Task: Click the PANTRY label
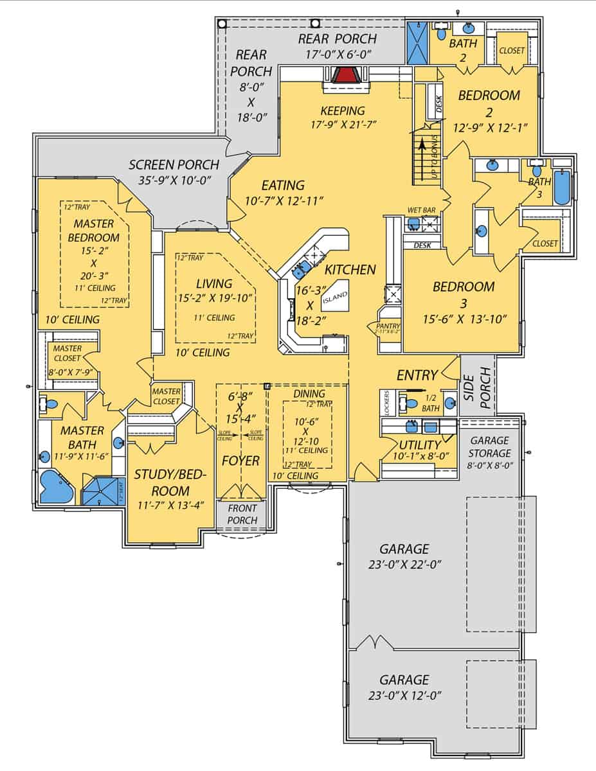[x=388, y=326]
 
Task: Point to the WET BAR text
[x=421, y=210]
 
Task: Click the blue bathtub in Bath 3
[x=562, y=186]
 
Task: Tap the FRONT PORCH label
[x=242, y=515]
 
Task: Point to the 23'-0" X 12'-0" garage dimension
[x=404, y=695]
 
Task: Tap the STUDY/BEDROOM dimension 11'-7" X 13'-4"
[x=171, y=504]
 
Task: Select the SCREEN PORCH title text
[x=174, y=165]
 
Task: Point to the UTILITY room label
[x=419, y=445]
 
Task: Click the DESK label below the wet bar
[x=422, y=245]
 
